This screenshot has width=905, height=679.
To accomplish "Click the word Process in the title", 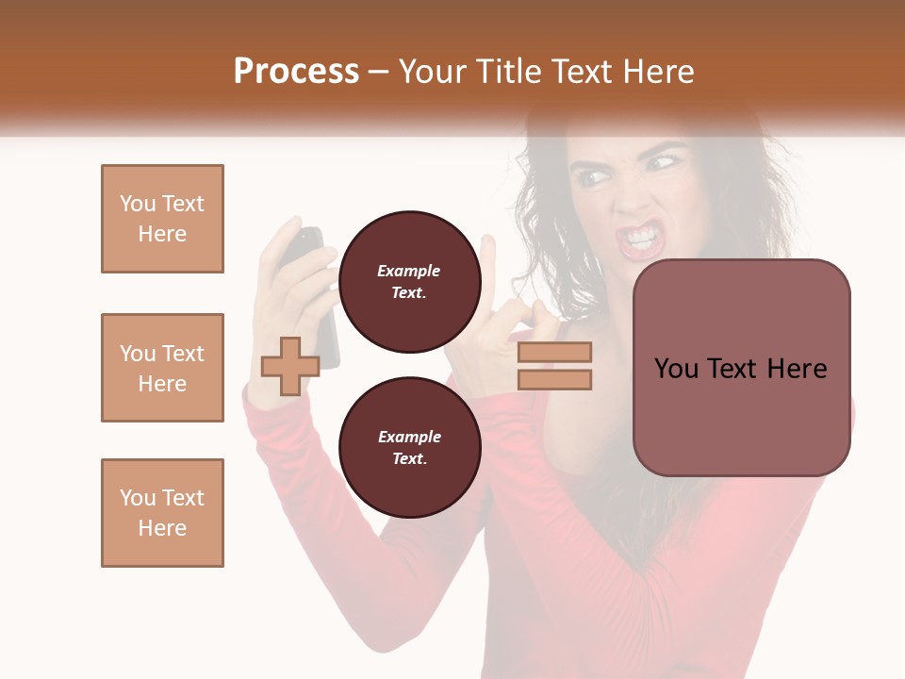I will coord(296,72).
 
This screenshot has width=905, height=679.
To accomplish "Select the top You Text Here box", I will coord(162,219).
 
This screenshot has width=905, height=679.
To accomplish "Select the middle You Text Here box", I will coord(162,368).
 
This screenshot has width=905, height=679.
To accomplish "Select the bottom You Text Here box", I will coord(162,513).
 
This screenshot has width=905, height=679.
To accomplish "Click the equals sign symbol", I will coord(554,366).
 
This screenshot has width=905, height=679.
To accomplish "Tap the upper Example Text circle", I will coord(409,281).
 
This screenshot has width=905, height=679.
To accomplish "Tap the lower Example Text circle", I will coord(409,447).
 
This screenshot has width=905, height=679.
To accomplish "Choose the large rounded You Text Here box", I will coord(741,368).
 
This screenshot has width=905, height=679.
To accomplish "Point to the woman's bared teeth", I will coord(641,235).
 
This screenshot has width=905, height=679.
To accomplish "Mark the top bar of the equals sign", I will coord(554,352).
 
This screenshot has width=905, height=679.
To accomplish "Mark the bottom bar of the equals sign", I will coord(554,380).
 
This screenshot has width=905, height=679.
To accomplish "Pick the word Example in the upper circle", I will coord(409,271).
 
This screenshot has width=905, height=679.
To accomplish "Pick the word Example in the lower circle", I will coord(409,437).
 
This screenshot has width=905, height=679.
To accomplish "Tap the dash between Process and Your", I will coord(379,73).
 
